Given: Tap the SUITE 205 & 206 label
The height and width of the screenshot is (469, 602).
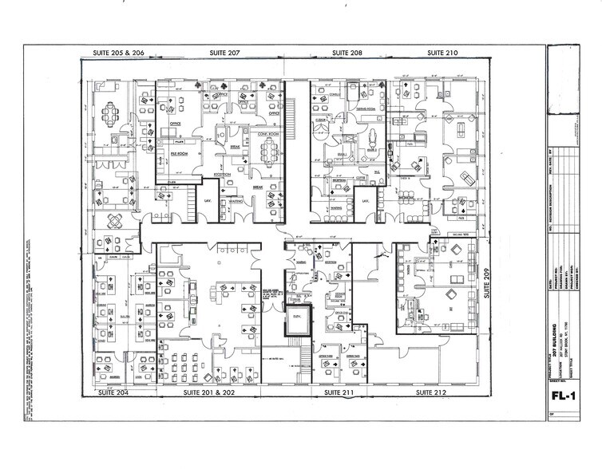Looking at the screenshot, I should (117, 52).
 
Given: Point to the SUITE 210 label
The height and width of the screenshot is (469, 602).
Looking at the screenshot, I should (442, 52).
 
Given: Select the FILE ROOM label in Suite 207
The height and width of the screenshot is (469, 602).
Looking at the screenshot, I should (177, 153).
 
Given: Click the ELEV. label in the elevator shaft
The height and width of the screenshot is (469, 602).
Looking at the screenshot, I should (297, 317).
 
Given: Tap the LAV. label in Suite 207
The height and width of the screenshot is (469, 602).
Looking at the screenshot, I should (206, 201).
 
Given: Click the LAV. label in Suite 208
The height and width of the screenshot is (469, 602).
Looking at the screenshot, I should (365, 201).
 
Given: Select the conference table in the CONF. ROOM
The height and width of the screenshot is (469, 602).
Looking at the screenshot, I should (266, 150).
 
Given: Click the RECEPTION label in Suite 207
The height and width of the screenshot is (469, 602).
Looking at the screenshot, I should (223, 174).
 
